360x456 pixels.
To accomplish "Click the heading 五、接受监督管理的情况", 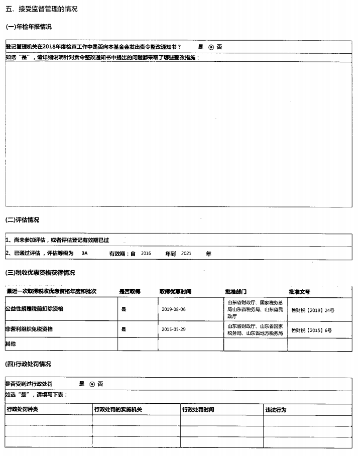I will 41,9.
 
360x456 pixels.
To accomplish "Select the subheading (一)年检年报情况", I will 28,27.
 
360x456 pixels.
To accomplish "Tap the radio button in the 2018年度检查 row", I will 211,47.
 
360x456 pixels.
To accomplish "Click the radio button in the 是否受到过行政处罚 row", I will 92,384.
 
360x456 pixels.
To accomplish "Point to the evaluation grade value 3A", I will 84,254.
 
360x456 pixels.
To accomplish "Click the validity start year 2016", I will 146,254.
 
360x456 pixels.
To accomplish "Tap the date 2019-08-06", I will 174,309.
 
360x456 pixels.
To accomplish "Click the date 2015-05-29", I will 174,329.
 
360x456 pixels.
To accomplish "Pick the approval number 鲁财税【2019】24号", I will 312,310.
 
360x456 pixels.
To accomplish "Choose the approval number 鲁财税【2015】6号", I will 311,330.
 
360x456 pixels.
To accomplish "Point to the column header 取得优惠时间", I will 175,291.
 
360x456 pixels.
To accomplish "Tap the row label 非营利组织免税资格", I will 30,328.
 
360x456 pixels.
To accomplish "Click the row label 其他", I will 11,344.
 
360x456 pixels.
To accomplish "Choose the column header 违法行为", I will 276,410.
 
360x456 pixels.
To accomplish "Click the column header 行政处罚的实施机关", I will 118,410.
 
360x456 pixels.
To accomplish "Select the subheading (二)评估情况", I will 22,220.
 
